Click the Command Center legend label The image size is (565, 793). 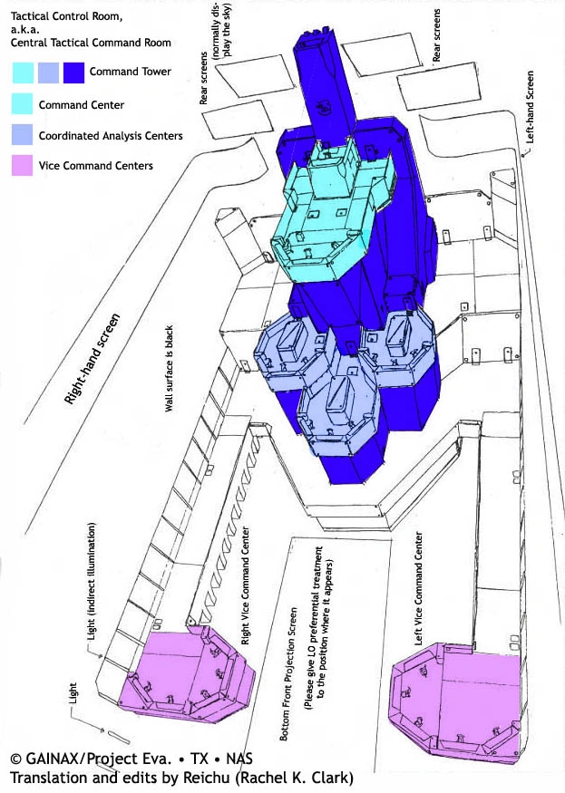82,105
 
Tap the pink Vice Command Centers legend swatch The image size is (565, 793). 23,166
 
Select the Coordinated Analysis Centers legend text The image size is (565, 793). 111,136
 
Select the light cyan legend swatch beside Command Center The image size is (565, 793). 23,105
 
